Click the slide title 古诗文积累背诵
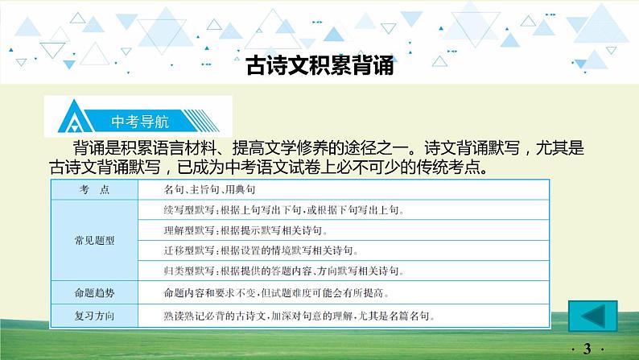tap(319, 65)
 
